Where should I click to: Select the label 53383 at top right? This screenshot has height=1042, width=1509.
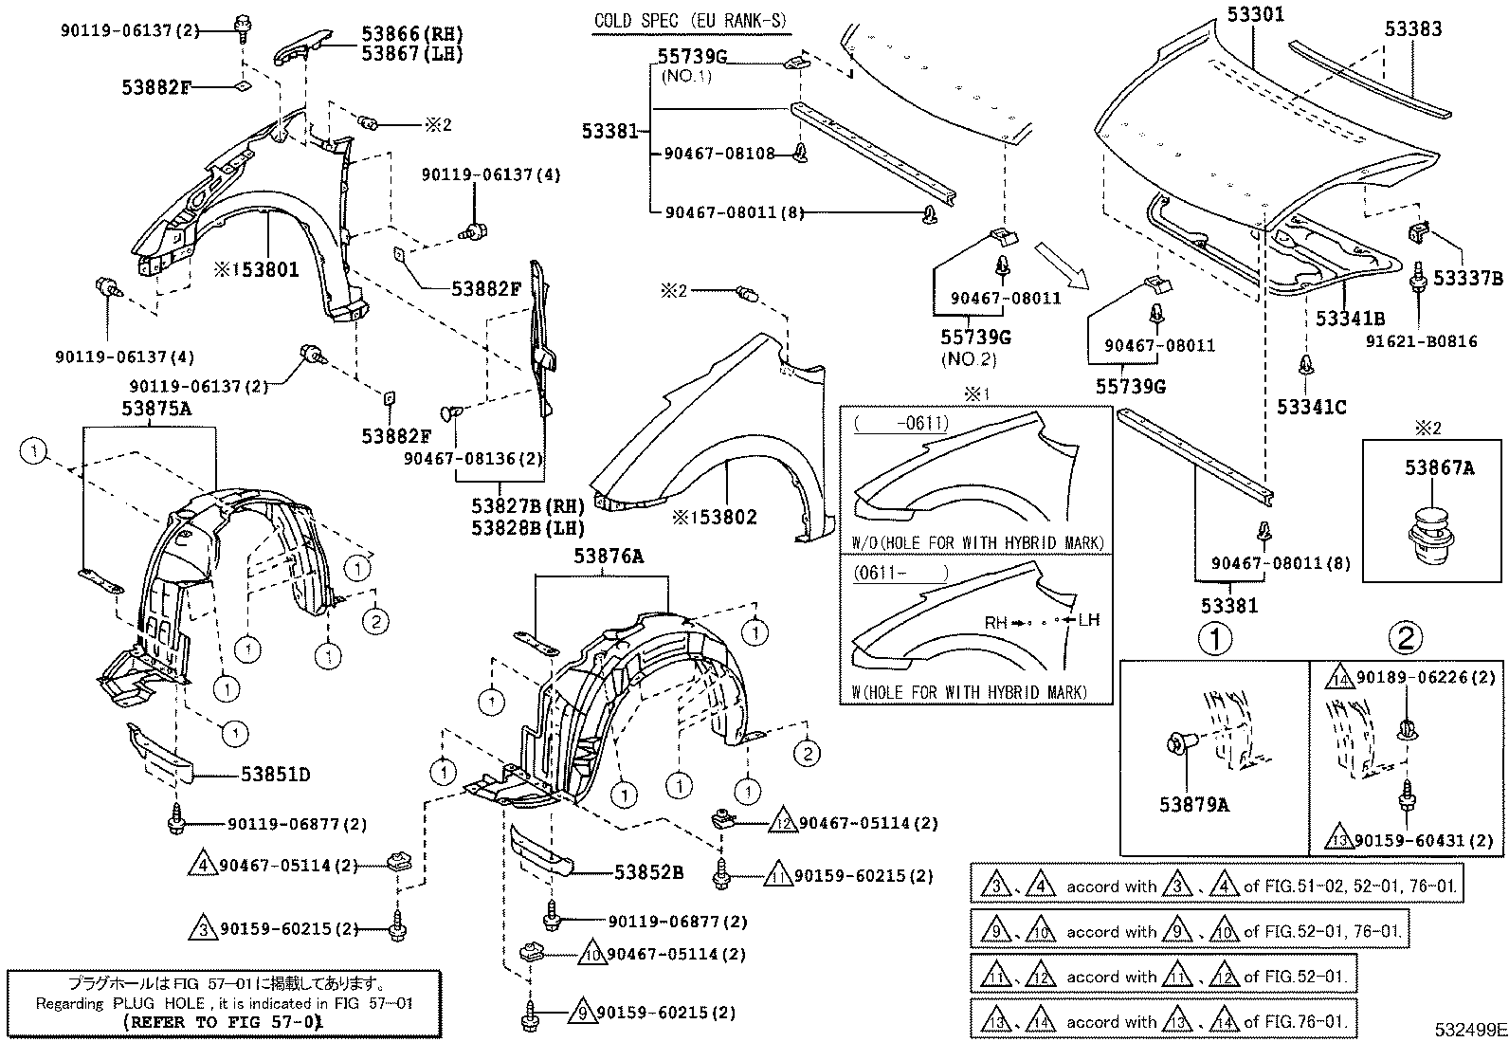pyautogui.click(x=1412, y=28)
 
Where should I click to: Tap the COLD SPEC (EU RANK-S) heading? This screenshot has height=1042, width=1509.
pyautogui.click(x=690, y=21)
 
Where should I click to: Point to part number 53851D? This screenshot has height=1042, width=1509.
pyautogui.click(x=276, y=775)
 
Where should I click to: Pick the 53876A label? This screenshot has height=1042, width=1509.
pyautogui.click(x=608, y=557)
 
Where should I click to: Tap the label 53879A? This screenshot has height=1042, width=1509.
pyautogui.click(x=1193, y=805)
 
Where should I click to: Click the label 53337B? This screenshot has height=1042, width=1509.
pyautogui.click(x=1468, y=278)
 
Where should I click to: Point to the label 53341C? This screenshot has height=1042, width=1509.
pyautogui.click(x=1311, y=407)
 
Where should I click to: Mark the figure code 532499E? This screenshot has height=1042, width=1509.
pyautogui.click(x=1469, y=1029)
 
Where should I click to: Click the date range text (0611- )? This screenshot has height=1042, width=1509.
pyautogui.click(x=900, y=574)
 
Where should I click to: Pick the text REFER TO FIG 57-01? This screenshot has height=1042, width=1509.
pyautogui.click(x=223, y=1022)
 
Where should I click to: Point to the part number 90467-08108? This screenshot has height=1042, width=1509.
pyautogui.click(x=719, y=153)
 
